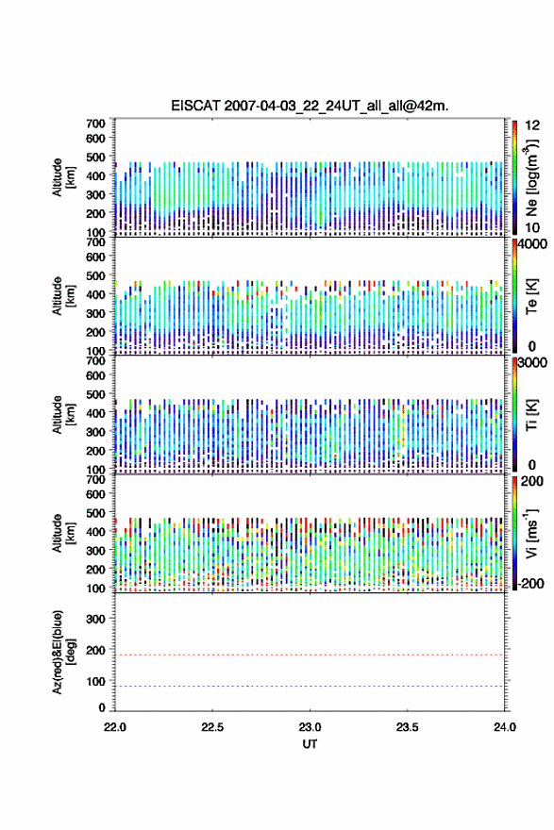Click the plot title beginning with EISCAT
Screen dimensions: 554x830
310,106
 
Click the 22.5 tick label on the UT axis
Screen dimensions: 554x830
212,727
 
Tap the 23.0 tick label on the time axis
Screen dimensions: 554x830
310,727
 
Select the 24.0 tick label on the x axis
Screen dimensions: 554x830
505,727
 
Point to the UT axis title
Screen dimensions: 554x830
310,744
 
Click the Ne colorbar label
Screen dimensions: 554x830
531,178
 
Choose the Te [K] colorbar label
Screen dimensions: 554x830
531,296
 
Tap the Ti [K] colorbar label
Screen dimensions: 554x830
531,414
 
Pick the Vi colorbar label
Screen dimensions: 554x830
531,533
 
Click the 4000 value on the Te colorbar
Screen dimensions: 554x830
532,244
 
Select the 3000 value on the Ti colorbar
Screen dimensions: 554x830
532,363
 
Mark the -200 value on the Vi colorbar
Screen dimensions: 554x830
529,583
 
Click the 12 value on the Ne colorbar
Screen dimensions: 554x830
532,125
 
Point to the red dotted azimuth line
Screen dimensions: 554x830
310,655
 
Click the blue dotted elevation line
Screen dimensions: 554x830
310,686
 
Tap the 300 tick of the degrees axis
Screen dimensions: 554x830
95,619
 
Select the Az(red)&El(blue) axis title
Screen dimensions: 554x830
63,652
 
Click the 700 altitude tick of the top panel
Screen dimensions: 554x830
95,124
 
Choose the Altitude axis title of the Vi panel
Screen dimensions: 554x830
63,533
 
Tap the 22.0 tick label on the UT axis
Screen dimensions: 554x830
115,727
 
